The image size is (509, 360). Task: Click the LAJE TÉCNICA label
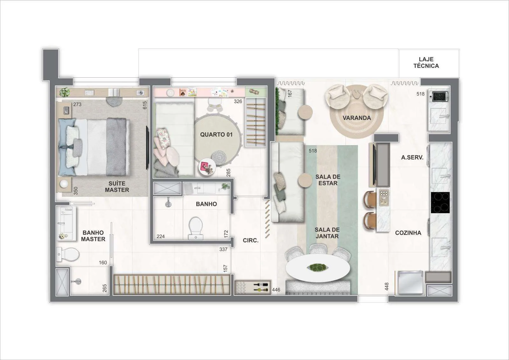[x=426, y=62]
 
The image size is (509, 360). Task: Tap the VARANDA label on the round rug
[x=357, y=118]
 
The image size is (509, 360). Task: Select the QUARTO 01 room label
[x=216, y=135]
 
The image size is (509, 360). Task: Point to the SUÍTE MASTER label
[x=117, y=187]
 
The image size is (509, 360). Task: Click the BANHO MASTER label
[x=93, y=236]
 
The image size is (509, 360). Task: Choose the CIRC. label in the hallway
[x=251, y=240]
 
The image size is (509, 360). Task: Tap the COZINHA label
[x=408, y=233]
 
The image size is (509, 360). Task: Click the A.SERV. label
[x=412, y=157]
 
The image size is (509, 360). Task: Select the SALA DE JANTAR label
[x=327, y=233]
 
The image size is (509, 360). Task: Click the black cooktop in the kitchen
[x=440, y=202]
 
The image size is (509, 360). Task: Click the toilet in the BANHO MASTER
[x=68, y=254]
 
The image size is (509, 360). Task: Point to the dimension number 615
[x=145, y=105]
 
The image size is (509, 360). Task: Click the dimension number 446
[x=276, y=290]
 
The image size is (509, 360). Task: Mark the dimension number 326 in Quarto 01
[x=238, y=102]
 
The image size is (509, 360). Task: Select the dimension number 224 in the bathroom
[x=161, y=236]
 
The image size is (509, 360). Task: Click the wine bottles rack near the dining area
[x=253, y=287]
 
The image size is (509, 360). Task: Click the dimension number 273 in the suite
[x=77, y=104]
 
